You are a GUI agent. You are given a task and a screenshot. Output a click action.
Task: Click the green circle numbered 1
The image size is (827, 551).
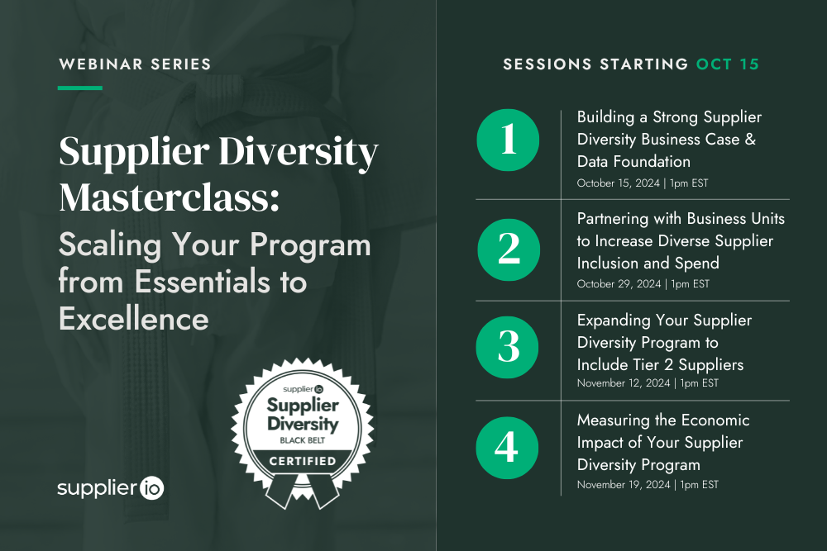(508, 140)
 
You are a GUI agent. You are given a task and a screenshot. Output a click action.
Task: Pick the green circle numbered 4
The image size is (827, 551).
(508, 448)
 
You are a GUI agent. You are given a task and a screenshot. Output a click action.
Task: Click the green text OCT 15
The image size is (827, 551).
(727, 64)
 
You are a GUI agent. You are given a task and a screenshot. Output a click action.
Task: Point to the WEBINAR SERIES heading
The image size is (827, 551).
(134, 64)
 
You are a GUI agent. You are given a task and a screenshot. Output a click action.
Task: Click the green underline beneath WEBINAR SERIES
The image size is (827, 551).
(80, 88)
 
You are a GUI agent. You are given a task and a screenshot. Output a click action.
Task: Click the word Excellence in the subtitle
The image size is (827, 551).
(133, 318)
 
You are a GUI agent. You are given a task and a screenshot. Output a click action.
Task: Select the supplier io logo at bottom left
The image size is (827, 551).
(111, 488)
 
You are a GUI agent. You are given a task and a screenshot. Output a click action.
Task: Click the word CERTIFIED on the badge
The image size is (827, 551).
(303, 460)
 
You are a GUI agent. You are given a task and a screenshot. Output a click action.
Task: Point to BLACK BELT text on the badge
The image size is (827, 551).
(303, 441)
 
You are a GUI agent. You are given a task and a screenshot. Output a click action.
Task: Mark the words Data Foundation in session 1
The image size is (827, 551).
(633, 161)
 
